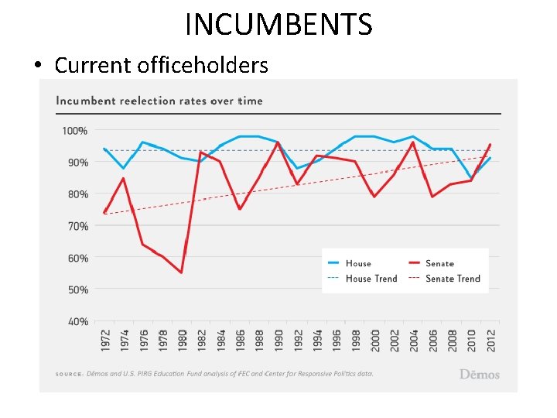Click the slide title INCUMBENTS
(x=278, y=25)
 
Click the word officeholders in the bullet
(x=203, y=65)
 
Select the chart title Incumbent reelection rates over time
(x=159, y=101)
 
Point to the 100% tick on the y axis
(x=75, y=131)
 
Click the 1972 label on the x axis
(x=104, y=339)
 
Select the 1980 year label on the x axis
(x=182, y=339)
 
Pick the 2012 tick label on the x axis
(x=490, y=339)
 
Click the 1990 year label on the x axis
(x=278, y=339)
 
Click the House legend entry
(x=357, y=264)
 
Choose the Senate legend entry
(x=439, y=264)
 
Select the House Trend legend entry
(x=370, y=279)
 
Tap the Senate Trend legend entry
(x=452, y=279)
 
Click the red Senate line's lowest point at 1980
(x=181, y=272)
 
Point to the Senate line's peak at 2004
(x=413, y=142)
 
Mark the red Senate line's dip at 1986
(x=240, y=209)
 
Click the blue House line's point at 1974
(x=123, y=168)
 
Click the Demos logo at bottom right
(x=480, y=374)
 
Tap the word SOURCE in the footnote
(x=69, y=374)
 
